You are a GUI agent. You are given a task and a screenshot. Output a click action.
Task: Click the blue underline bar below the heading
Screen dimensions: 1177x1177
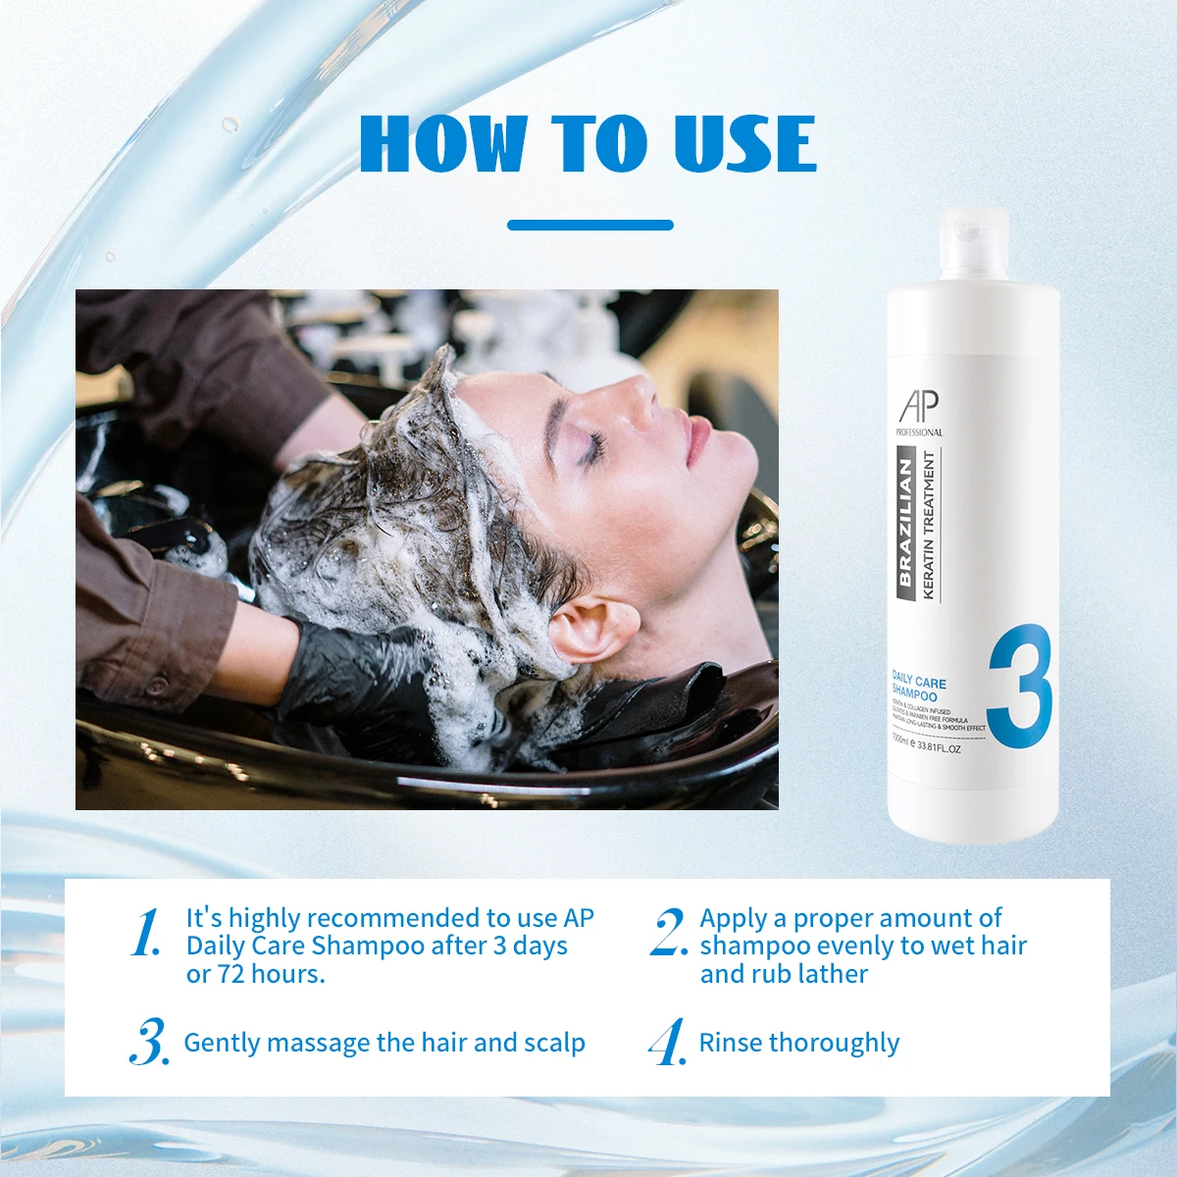(x=589, y=225)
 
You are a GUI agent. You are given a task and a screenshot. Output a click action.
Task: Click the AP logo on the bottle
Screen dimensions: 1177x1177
(x=918, y=405)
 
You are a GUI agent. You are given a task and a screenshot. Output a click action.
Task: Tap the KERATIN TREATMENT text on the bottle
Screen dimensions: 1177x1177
(x=929, y=525)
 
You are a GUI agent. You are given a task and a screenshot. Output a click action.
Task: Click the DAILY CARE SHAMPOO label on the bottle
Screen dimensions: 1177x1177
(x=917, y=687)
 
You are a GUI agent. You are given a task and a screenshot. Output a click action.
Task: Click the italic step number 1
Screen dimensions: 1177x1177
(x=146, y=933)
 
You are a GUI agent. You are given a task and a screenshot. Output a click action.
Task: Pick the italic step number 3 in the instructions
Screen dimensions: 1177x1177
(x=149, y=1044)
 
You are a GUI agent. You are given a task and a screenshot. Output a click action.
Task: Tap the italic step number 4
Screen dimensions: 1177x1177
(x=667, y=1044)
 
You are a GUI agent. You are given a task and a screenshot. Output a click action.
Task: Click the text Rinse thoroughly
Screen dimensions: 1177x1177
(x=798, y=1043)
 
